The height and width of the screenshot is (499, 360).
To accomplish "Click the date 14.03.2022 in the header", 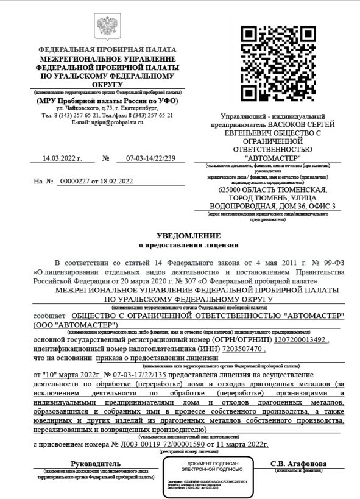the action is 61,158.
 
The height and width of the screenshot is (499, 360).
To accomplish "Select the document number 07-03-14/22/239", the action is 150,158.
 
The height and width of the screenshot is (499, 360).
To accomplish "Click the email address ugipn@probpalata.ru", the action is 107,122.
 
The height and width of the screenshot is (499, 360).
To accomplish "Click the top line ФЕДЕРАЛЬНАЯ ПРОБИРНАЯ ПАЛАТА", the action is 107,49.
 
